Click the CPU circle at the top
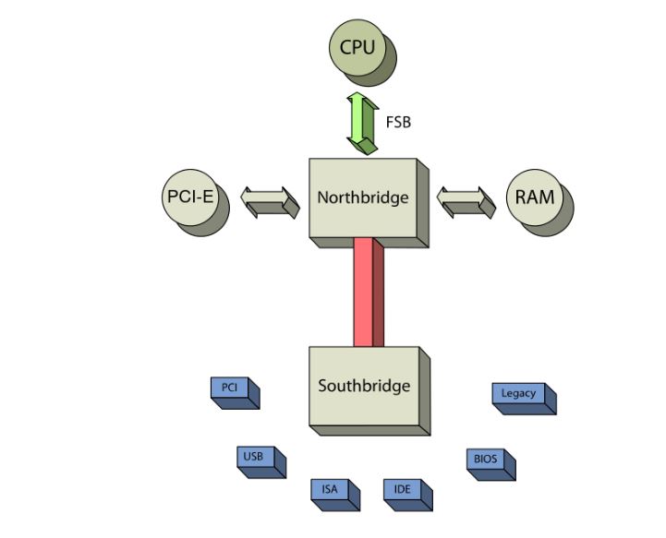coord(359,47)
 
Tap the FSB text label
coord(398,120)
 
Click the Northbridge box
coord(363,197)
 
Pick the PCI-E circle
coord(190,197)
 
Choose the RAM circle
coord(536,197)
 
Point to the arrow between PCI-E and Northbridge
coord(270,200)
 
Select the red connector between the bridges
coord(367,292)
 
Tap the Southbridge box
coord(363,386)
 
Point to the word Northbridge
coord(362,197)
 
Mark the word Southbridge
coord(363,386)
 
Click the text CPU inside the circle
coord(358,46)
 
